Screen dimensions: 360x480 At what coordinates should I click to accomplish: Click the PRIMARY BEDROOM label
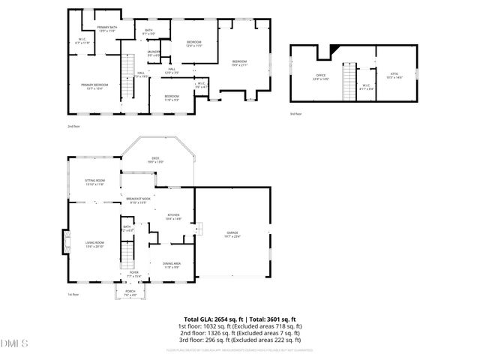point(94,85)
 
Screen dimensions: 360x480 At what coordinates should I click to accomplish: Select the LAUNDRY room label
point(153,52)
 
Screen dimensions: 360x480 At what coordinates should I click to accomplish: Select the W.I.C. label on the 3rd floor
point(365,85)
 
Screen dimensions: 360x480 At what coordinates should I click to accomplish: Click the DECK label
point(156,159)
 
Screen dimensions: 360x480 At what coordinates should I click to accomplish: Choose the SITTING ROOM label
point(94,182)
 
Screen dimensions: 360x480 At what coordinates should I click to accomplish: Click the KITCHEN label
point(173,217)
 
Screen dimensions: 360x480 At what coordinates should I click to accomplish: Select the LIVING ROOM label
point(94,244)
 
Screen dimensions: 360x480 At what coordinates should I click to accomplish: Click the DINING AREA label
point(172,263)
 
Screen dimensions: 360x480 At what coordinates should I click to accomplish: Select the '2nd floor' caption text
point(73,127)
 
